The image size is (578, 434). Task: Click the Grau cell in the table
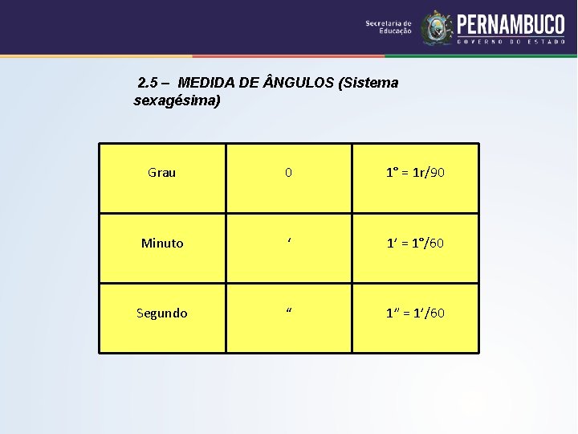click(162, 173)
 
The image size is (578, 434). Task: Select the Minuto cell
click(162, 243)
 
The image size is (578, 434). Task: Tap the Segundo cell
click(162, 313)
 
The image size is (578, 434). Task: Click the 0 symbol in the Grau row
click(289, 173)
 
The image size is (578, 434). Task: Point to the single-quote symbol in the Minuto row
click(288, 240)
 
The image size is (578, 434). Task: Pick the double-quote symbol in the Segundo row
click(288, 311)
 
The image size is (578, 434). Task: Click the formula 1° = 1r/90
click(415, 173)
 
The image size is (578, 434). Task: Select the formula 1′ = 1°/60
click(415, 243)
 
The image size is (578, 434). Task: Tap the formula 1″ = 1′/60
click(415, 313)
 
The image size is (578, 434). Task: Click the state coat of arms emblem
click(437, 27)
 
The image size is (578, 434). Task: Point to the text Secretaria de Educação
click(389, 27)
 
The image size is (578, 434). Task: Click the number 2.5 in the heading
click(149, 83)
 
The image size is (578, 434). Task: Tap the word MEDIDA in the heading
click(208, 83)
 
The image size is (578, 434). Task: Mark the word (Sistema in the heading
click(368, 83)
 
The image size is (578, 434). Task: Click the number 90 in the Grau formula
click(438, 173)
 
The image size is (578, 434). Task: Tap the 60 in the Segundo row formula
click(436, 313)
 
